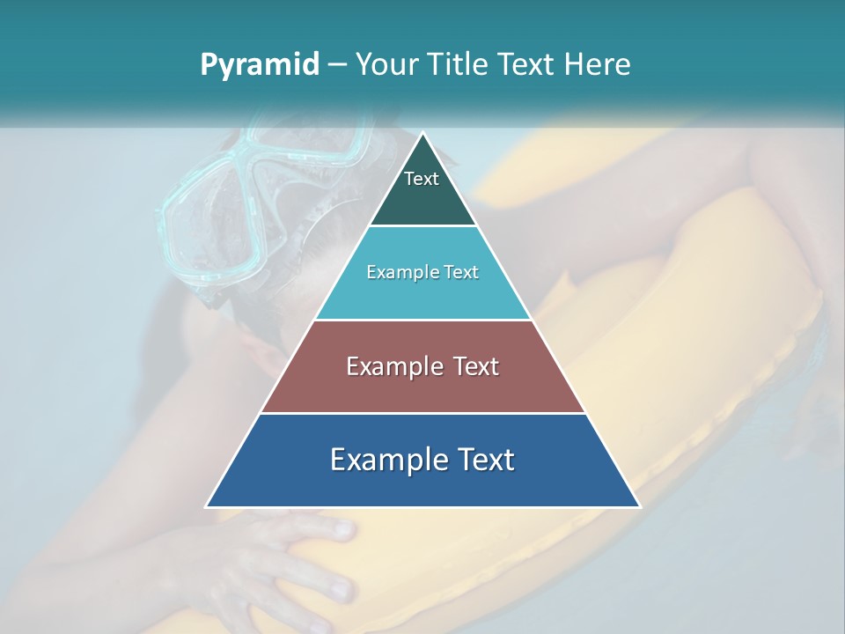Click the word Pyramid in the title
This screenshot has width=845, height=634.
(x=260, y=65)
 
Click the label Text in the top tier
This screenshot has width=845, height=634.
(x=422, y=179)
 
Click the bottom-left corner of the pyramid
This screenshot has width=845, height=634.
(x=207, y=506)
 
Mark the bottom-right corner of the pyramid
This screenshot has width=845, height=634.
(x=639, y=506)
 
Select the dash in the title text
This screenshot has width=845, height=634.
(x=337, y=65)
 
